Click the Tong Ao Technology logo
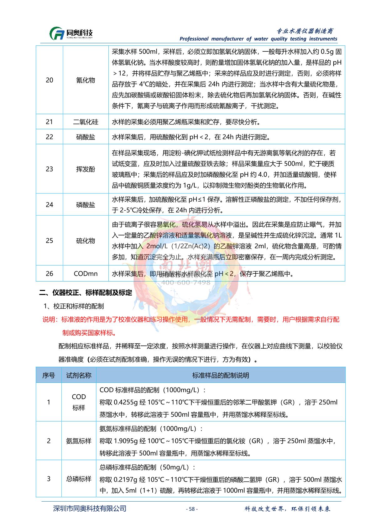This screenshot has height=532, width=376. click(71, 33)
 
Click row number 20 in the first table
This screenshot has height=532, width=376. click(50, 80)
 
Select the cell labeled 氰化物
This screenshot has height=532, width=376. click(86, 80)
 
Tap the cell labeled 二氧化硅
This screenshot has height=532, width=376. click(86, 122)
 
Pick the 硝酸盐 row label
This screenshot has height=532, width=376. click(86, 137)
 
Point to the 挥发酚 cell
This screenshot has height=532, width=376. click(86, 169)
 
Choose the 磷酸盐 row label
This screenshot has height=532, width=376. click(86, 205)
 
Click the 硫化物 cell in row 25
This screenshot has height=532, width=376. click(86, 241)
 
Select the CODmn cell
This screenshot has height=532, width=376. click(86, 274)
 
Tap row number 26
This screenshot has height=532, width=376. click(50, 274)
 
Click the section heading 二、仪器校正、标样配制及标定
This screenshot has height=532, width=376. click(86, 293)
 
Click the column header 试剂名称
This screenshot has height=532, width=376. click(79, 375)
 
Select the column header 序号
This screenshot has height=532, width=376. click(49, 375)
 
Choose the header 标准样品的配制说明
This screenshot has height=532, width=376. click(221, 375)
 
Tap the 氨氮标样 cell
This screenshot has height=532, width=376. click(79, 441)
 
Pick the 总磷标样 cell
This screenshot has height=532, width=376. click(79, 479)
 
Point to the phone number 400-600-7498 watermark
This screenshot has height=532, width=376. click(185, 282)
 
